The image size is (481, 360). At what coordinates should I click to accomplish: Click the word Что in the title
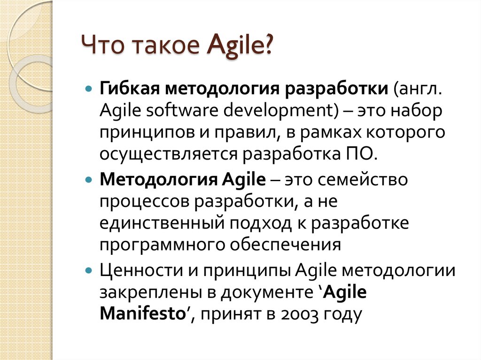(103, 45)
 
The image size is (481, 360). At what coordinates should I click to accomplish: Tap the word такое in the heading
(166, 46)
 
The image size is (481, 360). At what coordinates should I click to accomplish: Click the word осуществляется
(169, 154)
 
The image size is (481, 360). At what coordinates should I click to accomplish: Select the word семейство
(363, 179)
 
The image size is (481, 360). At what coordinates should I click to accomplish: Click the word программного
(162, 245)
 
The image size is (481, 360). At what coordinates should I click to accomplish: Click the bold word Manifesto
(143, 314)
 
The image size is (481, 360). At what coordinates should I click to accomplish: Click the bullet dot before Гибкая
(89, 89)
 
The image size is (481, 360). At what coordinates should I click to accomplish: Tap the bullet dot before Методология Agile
(89, 179)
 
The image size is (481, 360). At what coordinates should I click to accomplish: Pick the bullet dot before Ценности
(89, 270)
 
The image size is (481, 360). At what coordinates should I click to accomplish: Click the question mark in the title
(268, 45)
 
